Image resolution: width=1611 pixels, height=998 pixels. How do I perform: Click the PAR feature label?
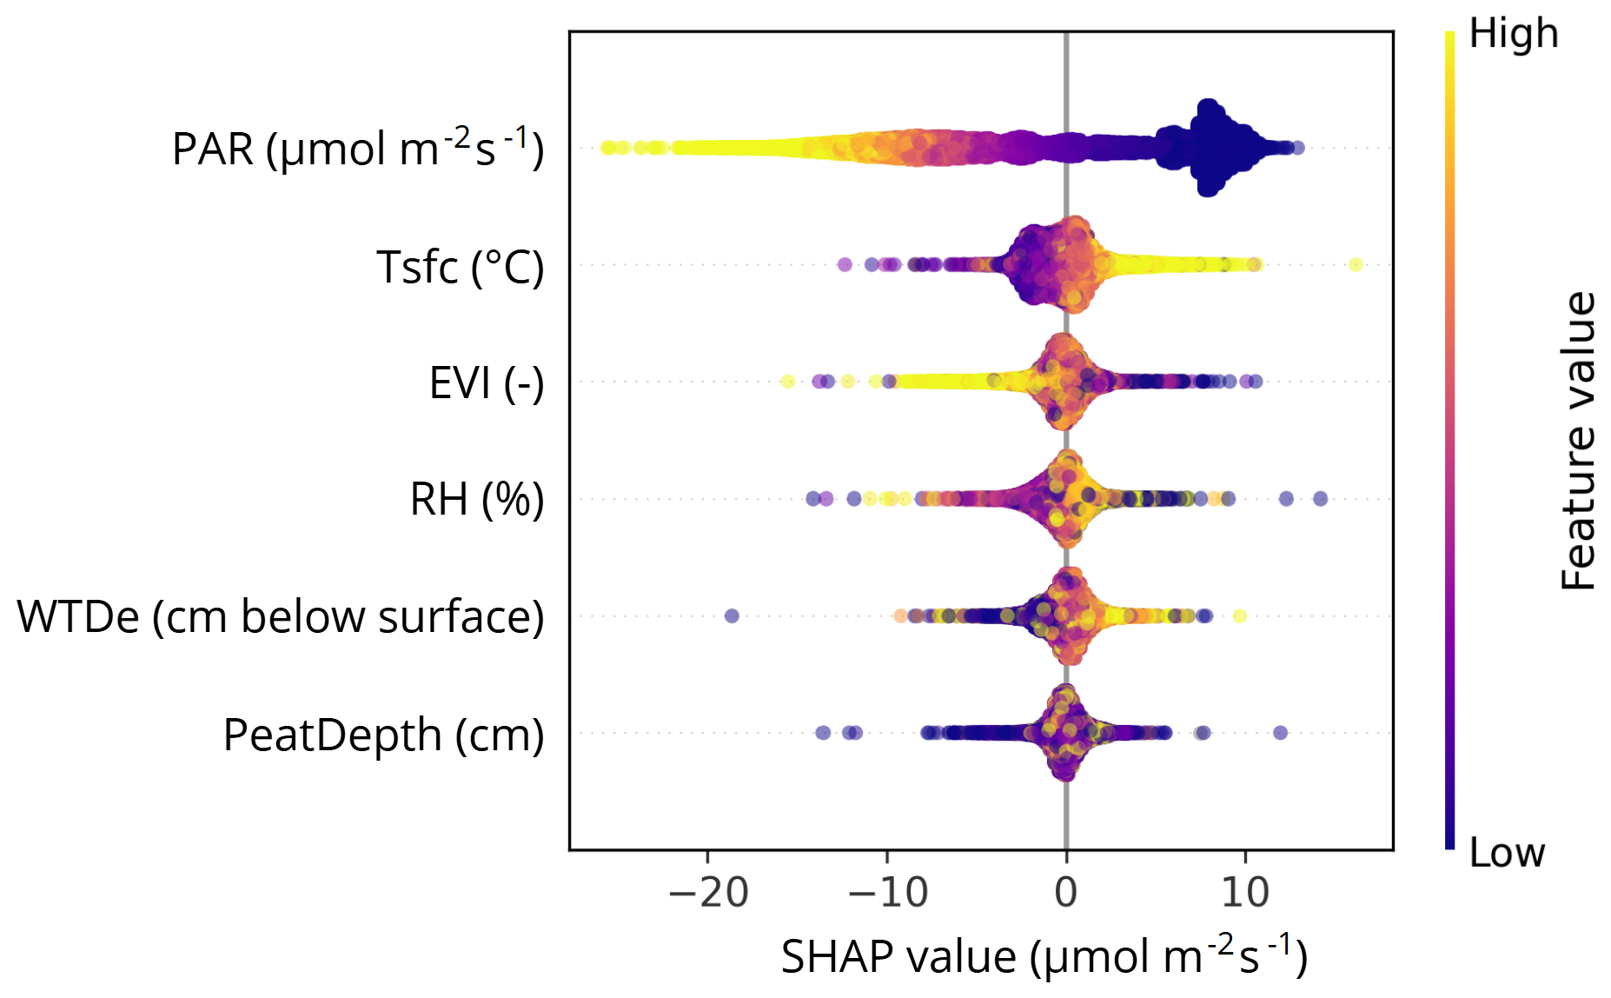(357, 149)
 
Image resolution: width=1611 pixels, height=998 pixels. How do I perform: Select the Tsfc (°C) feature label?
(460, 266)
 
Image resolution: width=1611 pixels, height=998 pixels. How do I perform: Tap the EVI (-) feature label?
(487, 383)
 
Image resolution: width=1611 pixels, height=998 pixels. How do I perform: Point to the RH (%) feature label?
(476, 499)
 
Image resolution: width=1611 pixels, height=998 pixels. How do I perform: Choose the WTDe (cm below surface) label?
(280, 616)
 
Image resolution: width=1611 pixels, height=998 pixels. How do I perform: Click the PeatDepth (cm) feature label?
(383, 735)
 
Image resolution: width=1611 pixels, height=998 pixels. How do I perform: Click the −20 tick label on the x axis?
(708, 892)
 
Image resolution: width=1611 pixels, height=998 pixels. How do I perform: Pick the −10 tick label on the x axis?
(887, 892)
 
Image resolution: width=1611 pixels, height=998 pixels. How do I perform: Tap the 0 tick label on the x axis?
(1066, 892)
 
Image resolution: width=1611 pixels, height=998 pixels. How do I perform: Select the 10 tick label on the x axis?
(1245, 892)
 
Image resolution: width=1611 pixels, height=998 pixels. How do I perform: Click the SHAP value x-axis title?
(1044, 956)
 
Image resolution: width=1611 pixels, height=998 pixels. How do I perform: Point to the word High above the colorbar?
(1513, 34)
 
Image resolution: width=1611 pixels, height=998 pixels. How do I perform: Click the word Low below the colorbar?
(1507, 853)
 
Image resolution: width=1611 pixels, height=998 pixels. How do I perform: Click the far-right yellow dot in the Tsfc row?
(1356, 264)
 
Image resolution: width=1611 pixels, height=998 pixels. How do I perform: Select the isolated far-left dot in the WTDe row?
(732, 615)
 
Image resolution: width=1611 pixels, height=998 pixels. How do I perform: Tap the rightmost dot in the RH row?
(1320, 498)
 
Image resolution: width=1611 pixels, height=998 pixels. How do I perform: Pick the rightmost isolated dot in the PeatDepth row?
(1280, 733)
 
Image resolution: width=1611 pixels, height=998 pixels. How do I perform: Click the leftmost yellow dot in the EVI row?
(787, 381)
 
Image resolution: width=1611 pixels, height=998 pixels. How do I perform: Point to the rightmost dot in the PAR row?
(1297, 148)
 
